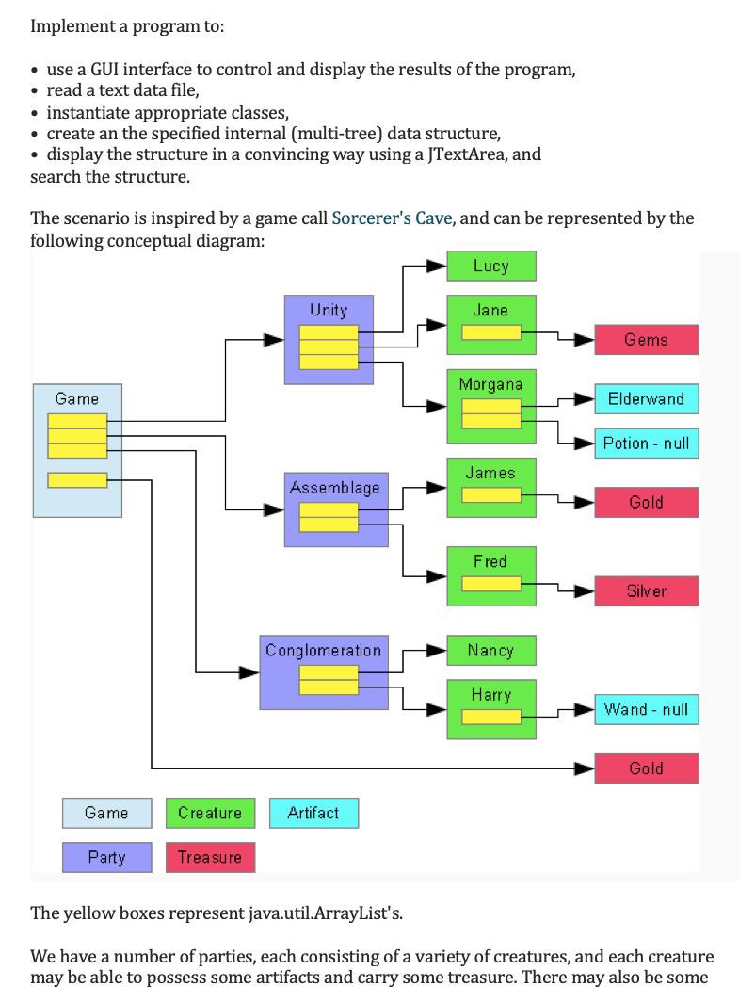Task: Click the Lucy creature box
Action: coord(490,266)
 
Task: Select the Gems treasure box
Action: coord(646,339)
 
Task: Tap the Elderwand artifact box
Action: coord(646,398)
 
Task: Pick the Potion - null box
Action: coord(646,443)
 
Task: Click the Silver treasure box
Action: coord(646,590)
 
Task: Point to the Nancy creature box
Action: coord(490,650)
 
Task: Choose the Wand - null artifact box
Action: coord(646,709)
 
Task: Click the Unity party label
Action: coord(329,310)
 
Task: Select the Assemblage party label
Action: coord(335,487)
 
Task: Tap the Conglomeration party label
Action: coord(323,650)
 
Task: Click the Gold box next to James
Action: coord(646,502)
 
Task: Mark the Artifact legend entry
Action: coord(313,813)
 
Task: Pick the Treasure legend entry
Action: coord(210,857)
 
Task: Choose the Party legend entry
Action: coord(106,857)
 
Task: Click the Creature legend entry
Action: coord(210,813)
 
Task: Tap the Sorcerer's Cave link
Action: coord(393,218)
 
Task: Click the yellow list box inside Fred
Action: coord(490,584)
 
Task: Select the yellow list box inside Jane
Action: coord(490,332)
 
